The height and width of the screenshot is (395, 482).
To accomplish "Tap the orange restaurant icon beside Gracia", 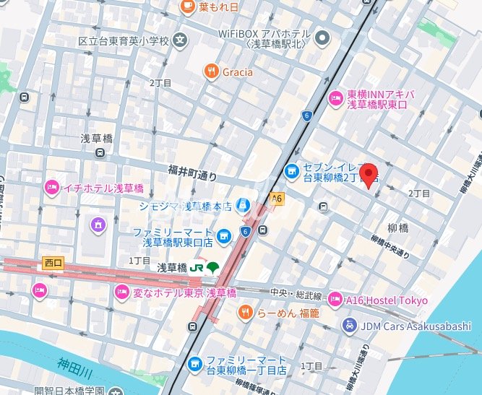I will (x=211, y=71).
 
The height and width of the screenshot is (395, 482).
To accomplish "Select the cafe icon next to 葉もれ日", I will (x=186, y=6).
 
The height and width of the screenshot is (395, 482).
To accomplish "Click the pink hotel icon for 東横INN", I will (x=336, y=98).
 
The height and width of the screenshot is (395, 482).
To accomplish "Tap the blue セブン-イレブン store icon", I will (x=292, y=171).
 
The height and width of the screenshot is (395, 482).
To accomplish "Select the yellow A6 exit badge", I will (x=277, y=197).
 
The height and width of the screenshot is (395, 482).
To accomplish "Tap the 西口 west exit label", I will (x=53, y=263).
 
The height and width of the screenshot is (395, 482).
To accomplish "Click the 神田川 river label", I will (x=74, y=364).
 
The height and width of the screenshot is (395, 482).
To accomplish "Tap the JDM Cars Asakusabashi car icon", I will (x=350, y=326).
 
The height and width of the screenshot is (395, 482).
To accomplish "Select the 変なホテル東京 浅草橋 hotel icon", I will (x=121, y=292).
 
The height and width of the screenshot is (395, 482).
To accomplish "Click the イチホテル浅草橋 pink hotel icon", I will (x=51, y=188).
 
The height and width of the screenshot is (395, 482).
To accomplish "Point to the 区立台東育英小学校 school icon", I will (x=180, y=40).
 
